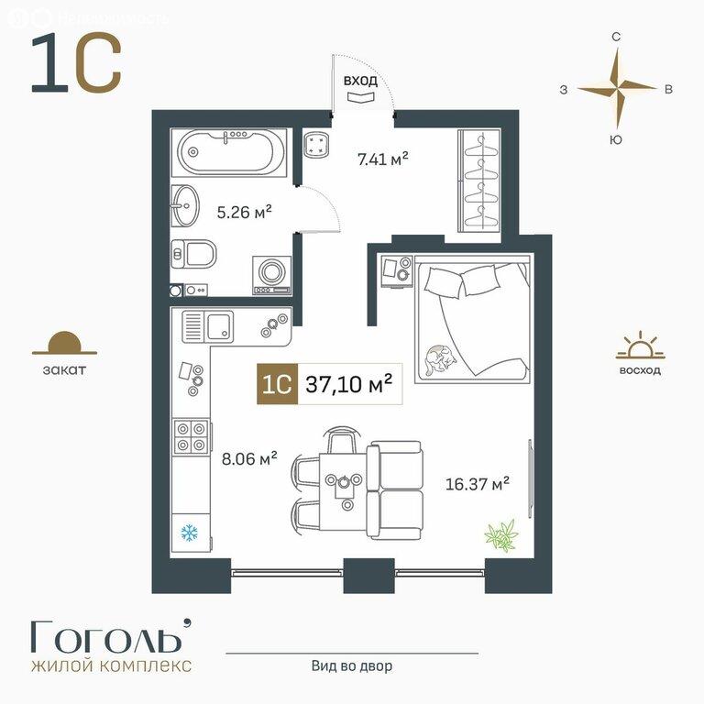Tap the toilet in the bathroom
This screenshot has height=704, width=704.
click(193, 254)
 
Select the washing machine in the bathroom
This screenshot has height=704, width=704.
click(272, 275)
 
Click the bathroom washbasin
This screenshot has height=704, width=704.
click(185, 206)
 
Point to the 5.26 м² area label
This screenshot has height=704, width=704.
click(244, 212)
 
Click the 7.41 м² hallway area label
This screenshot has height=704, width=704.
click(382, 159)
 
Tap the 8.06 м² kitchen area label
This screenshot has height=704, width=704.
click(249, 458)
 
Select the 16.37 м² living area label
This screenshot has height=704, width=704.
click(477, 484)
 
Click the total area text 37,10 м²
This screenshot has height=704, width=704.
click(349, 384)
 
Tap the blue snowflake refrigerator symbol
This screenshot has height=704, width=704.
click(190, 533)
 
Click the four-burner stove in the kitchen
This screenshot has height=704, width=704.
click(192, 437)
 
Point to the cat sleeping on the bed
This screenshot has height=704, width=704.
click(439, 359)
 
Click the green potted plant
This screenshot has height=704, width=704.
click(501, 535)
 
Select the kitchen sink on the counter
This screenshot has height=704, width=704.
click(207, 326)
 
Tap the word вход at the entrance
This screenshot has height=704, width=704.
click(360, 81)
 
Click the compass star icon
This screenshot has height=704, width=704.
click(617, 88)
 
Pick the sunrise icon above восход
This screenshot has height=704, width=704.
click(640, 346)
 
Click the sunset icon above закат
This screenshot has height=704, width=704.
click(65, 344)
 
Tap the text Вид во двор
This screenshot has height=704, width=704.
click(352, 665)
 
